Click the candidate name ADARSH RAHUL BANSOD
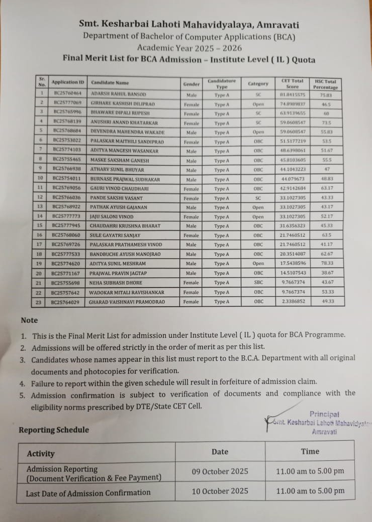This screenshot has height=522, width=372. click(x=118, y=94)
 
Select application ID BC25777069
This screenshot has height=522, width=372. click(x=67, y=103)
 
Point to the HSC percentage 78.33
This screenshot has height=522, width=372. click(x=327, y=264)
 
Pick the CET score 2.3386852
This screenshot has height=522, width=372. click(x=293, y=302)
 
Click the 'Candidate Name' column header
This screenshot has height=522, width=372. click(x=110, y=83)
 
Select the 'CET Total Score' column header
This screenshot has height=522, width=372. click(x=292, y=83)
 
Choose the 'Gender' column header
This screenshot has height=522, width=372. click(x=192, y=84)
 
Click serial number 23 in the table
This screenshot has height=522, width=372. click(x=40, y=302)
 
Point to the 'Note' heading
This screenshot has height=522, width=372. click(x=29, y=320)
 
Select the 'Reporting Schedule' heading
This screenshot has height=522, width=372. click(x=53, y=430)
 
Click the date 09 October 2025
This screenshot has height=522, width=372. click(x=220, y=471)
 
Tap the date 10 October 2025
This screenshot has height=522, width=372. click(x=220, y=491)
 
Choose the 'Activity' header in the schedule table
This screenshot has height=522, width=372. click(x=41, y=453)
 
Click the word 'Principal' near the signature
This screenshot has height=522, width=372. click(x=324, y=414)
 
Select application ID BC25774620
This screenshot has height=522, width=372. click(x=66, y=264)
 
